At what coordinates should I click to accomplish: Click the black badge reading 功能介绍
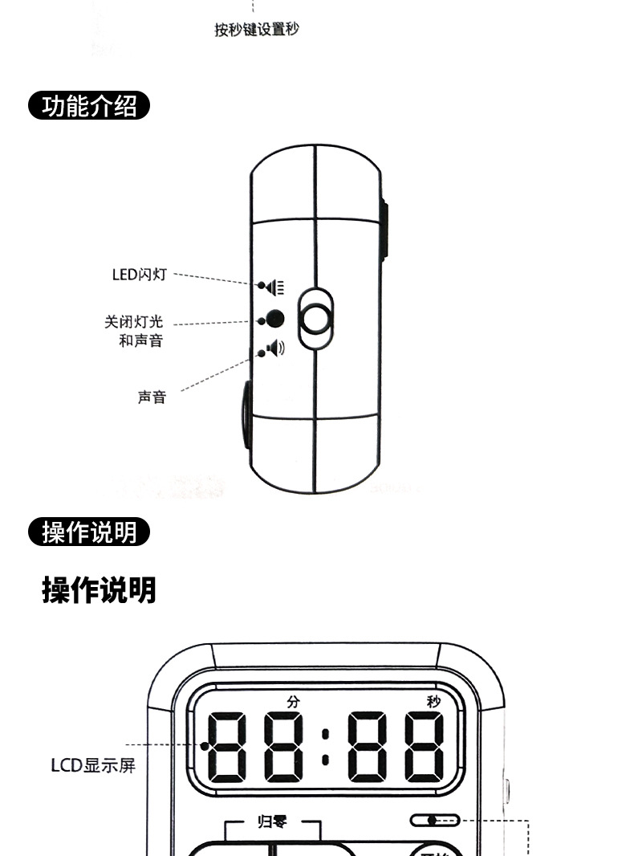click(89, 106)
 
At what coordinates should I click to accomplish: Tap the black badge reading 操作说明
click(89, 532)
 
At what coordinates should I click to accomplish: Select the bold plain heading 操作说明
click(99, 590)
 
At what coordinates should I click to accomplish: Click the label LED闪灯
click(139, 275)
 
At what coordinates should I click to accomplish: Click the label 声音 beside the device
click(152, 397)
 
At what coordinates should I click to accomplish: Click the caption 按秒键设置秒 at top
click(257, 31)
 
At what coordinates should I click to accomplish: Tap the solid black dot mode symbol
click(274, 319)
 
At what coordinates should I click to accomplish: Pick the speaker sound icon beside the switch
click(274, 349)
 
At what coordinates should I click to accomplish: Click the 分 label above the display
click(292, 701)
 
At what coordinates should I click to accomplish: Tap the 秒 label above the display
click(433, 701)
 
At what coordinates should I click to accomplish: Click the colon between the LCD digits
click(324, 746)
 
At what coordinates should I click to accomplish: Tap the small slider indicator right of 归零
click(434, 821)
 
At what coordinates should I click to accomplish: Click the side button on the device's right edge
click(384, 233)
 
